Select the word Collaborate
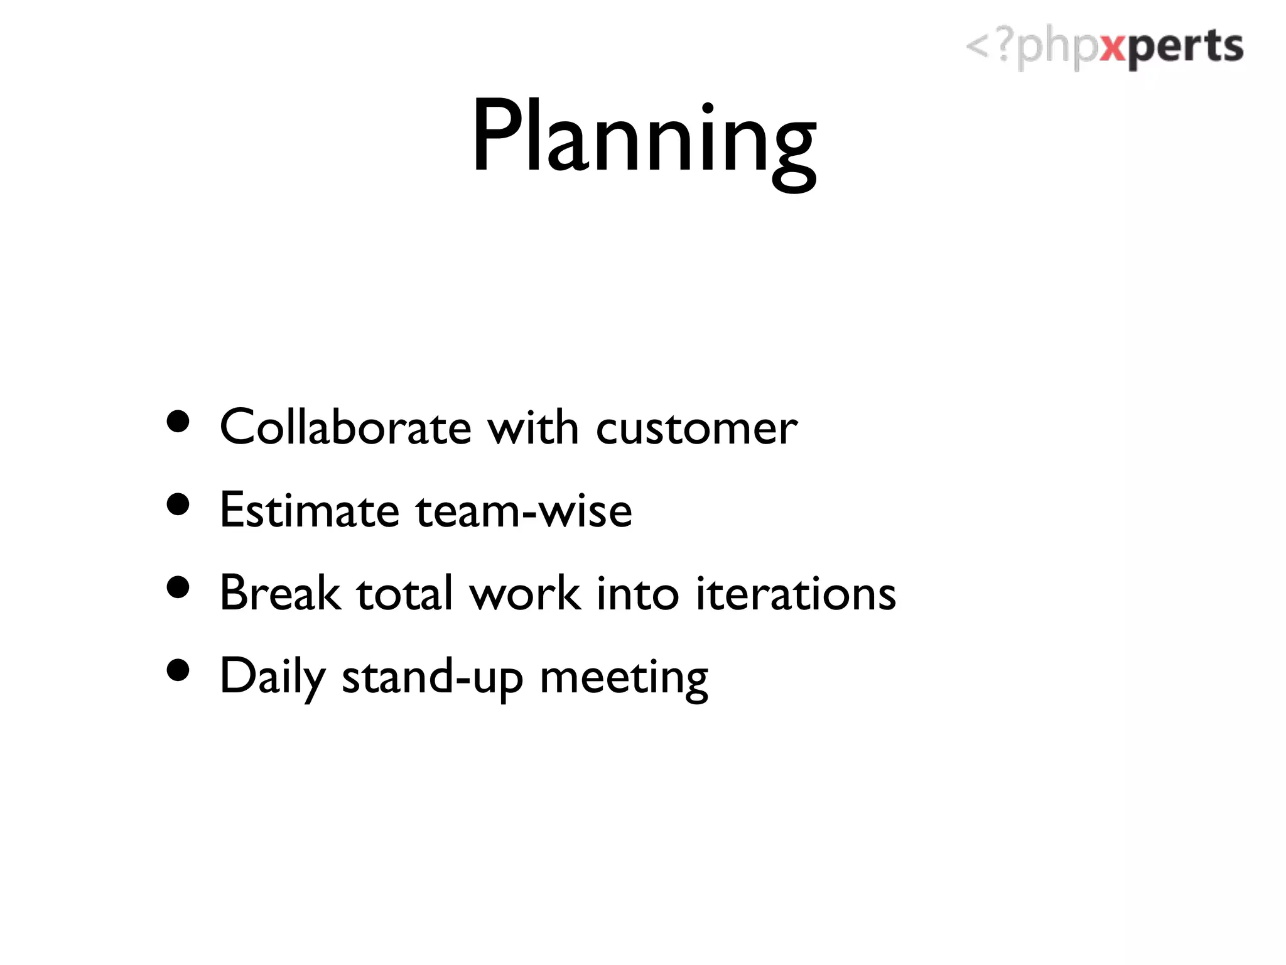[x=345, y=427]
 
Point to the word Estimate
[x=310, y=510]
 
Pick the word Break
[x=281, y=593]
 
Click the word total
[x=404, y=593]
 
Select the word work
[x=525, y=593]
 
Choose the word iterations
[x=796, y=593]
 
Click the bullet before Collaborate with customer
[x=179, y=422]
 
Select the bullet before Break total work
[x=179, y=587]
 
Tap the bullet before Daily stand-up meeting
[x=179, y=670]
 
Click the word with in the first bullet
[x=533, y=427]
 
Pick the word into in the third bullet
[x=637, y=593]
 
